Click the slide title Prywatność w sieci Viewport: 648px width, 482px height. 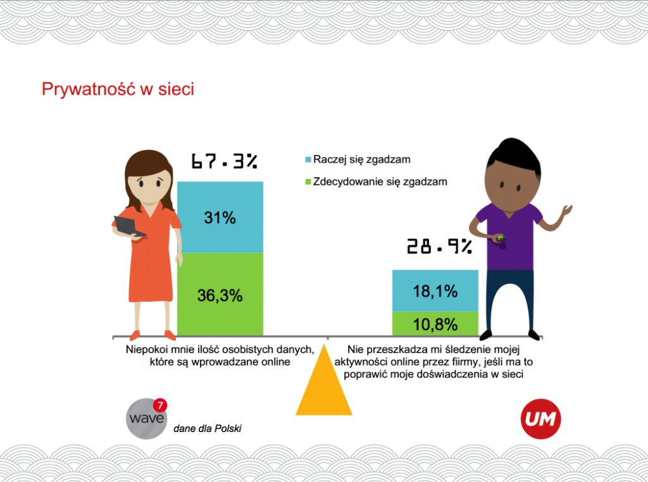118,89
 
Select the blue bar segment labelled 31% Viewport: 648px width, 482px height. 220,217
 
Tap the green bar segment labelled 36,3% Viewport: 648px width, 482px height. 220,294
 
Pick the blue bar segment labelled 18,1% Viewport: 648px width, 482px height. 435,291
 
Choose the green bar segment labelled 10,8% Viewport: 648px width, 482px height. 435,324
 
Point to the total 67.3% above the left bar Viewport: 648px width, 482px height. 224,162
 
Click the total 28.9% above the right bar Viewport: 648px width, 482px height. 440,246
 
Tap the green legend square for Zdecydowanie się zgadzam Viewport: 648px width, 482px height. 308,182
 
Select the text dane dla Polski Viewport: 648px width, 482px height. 208,429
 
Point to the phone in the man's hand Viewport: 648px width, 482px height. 500,238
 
